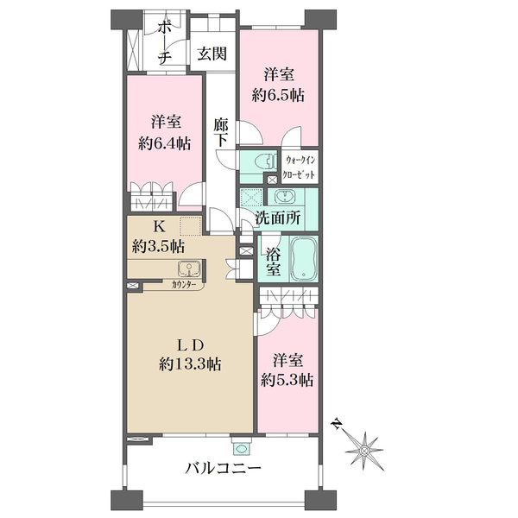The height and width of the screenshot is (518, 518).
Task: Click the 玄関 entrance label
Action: (212, 54)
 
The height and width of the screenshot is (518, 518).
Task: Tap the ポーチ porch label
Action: (165, 43)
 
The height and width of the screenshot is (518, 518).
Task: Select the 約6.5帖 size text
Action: (278, 96)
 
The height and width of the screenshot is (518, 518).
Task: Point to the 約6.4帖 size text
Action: (164, 143)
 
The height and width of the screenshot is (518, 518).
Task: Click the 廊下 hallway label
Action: (220, 132)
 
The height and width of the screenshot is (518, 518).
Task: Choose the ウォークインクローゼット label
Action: (300, 167)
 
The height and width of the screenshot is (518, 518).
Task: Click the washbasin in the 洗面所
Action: (284, 197)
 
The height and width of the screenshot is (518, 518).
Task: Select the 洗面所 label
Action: (278, 218)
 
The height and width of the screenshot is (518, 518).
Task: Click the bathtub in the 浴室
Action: (305, 259)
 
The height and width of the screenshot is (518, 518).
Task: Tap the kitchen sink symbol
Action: (189, 268)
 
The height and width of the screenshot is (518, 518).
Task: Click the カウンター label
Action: (184, 284)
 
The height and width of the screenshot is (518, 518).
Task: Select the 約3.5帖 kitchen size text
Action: (159, 246)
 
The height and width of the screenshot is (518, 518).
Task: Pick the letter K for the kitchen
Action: (159, 227)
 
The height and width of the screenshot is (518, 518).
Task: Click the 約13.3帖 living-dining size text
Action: (190, 364)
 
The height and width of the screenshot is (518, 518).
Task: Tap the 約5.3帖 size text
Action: (287, 380)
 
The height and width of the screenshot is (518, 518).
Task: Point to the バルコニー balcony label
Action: (224, 468)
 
